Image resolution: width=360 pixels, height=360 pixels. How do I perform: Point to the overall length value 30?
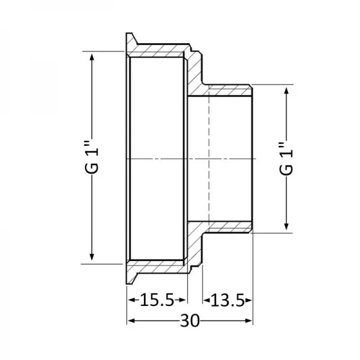(x=190, y=321)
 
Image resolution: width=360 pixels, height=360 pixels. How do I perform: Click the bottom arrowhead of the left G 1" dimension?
(x=92, y=258)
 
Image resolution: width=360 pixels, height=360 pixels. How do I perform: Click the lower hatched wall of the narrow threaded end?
(x=228, y=226)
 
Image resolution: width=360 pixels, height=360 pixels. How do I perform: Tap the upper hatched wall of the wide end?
(x=159, y=50)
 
